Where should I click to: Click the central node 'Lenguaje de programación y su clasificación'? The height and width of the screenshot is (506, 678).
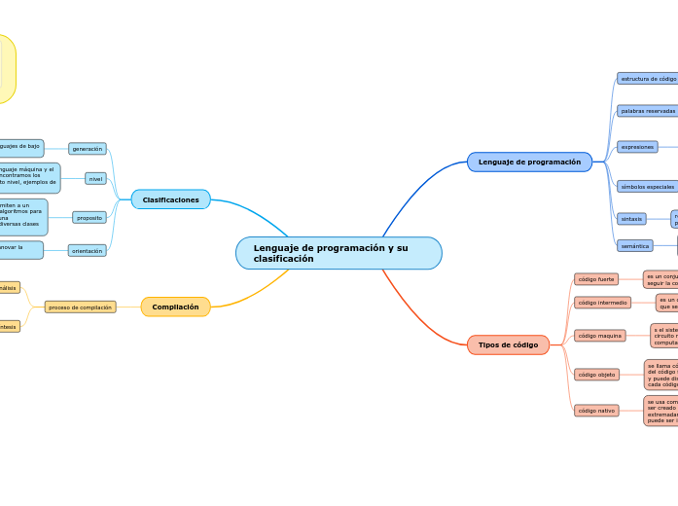coord(339,253)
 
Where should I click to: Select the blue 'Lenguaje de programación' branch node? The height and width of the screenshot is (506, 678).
coord(529,162)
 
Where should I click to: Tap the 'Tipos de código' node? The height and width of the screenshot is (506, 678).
coord(508,344)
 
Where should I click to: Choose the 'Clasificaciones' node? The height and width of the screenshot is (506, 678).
coord(170,199)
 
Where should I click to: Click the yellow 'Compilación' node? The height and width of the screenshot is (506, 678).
coord(175,307)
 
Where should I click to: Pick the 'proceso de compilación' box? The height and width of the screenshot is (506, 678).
coord(81,307)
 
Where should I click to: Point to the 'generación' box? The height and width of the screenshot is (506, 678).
coord(88,149)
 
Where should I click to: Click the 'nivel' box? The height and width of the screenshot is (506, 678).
coord(95,179)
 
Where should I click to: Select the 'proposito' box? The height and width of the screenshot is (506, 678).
coord(89,218)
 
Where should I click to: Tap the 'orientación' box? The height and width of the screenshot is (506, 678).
coord(87,250)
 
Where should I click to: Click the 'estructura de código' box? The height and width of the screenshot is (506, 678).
coord(648,78)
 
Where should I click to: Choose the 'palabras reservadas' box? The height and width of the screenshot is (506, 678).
coord(647,111)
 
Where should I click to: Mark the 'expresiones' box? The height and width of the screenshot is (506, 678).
coord(637,147)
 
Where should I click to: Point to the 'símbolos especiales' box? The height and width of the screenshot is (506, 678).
coord(647,186)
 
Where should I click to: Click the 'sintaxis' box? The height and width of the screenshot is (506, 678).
coord(631,219)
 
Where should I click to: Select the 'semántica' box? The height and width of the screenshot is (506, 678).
coord(634,246)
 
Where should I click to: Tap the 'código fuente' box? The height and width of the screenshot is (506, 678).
coord(596,279)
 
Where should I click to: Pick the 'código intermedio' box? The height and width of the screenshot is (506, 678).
coord(602,303)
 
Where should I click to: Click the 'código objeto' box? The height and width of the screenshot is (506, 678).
coord(596,375)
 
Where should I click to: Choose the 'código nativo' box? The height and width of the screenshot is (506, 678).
coord(596,411)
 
